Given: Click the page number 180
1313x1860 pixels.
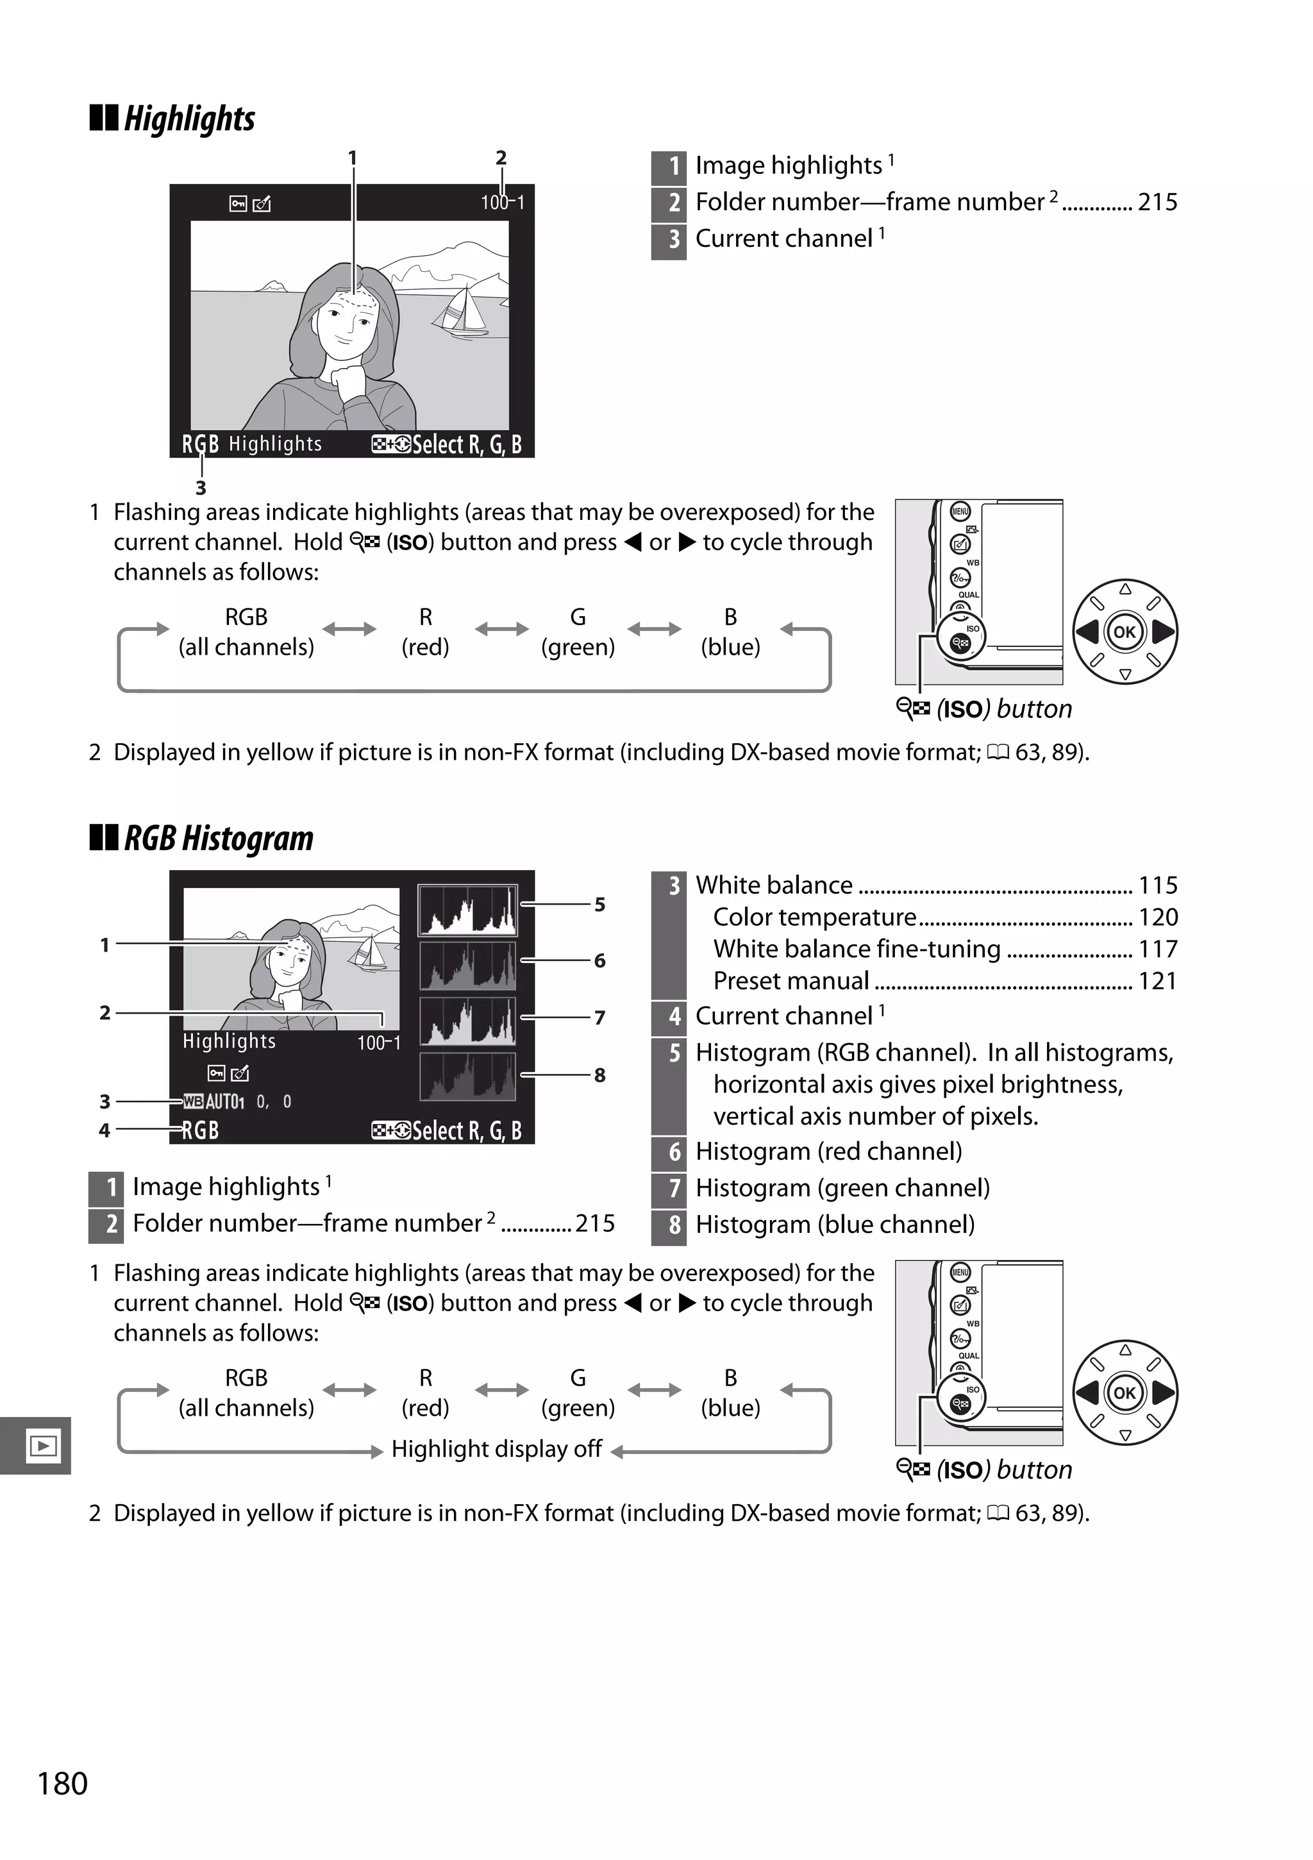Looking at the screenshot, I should pos(62,1783).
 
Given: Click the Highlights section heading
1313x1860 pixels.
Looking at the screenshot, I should pos(188,118).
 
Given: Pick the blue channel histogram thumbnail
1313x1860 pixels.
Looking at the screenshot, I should pos(467,1077).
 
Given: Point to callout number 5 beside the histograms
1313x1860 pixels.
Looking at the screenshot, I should pos(599,904).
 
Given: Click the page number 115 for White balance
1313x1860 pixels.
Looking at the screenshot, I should pos(1157,885).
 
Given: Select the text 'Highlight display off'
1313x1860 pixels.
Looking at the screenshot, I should pos(496,1448).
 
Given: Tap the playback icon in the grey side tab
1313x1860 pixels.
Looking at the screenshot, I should pos(42,1445).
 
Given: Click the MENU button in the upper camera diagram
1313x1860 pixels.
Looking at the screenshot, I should pos(960,511).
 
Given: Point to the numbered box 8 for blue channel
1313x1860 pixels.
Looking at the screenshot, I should pos(674,1225).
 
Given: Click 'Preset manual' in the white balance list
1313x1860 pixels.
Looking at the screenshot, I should pos(790,980).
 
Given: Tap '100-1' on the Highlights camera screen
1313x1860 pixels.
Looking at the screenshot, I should pos(502,203).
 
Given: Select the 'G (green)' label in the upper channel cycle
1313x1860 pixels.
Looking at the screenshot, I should pos(578,632).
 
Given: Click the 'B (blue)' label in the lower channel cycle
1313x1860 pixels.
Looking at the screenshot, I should pos(730,1393).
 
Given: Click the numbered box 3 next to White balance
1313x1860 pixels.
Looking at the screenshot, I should pos(674,885).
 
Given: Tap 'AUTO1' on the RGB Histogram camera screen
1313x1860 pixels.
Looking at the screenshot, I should pos(224,1101).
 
